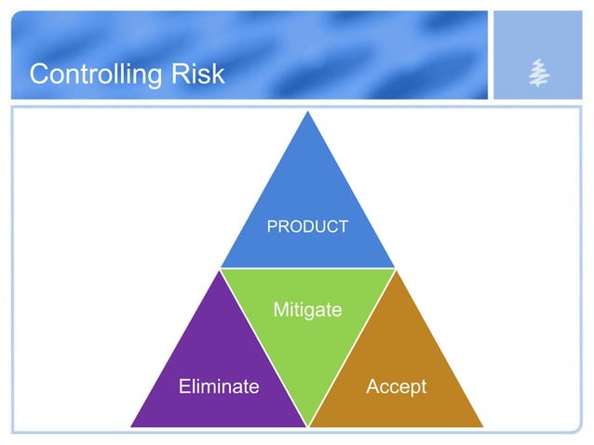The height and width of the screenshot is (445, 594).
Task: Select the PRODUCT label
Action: [x=307, y=226]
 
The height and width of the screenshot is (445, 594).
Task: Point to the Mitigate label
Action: [x=307, y=309]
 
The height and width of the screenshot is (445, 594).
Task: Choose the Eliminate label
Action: [x=219, y=386]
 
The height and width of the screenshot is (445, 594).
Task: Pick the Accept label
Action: [x=396, y=386]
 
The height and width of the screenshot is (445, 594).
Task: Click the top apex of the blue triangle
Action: [x=307, y=114]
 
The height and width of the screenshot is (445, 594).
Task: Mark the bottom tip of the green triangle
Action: [x=307, y=426]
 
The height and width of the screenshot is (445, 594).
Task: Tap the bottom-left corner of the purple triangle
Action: [x=131, y=426]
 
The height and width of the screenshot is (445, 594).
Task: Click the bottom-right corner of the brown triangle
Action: [x=482, y=426]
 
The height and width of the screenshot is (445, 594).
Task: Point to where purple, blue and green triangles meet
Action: [x=220, y=270]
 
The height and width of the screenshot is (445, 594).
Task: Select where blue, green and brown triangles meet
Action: [x=395, y=270]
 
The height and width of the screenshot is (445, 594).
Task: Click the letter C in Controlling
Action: [x=38, y=74]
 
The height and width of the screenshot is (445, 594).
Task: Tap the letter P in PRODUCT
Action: [x=272, y=226]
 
